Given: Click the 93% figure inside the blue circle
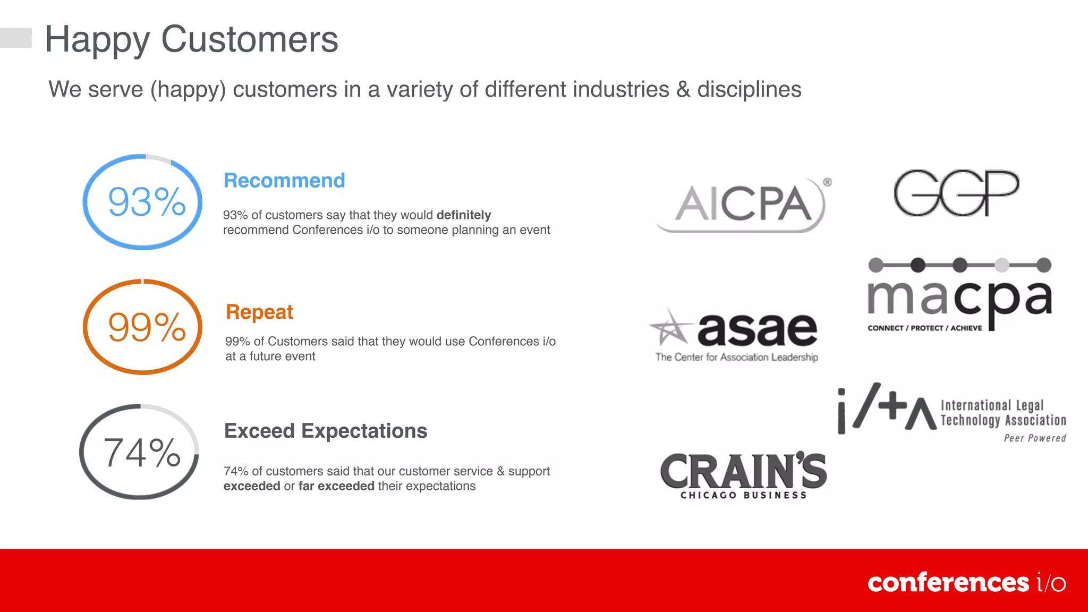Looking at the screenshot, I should click(147, 202).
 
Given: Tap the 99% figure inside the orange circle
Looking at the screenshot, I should click(147, 327).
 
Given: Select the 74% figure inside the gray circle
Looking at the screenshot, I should click(142, 453).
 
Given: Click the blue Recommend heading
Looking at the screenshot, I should click(284, 181).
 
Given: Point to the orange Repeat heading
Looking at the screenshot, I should click(259, 312).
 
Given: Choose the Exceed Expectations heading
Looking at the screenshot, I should click(325, 431).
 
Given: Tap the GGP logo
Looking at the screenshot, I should click(956, 193).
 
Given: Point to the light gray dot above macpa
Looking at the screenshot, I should click(1001, 265).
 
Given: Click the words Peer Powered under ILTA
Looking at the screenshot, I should click(1034, 438).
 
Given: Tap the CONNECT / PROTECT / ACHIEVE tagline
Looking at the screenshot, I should click(924, 328).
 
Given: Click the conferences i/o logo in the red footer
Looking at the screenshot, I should click(966, 583).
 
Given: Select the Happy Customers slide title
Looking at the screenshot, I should click(191, 39).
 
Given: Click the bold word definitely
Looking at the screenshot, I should click(463, 215).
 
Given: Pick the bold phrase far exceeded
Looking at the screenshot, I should click(336, 486).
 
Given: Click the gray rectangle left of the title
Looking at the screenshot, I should click(15, 38).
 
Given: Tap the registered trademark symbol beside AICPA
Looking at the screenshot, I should click(827, 182).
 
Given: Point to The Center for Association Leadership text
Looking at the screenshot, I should click(736, 358).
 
